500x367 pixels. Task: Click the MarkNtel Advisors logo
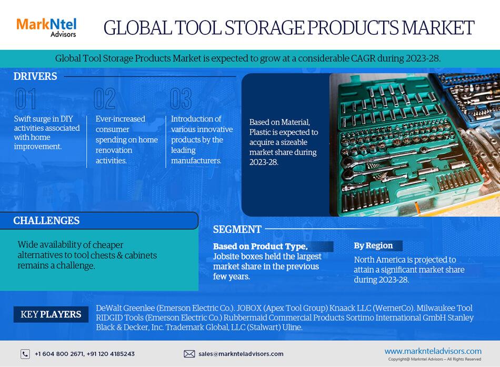(x=46, y=27)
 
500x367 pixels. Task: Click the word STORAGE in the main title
(x=265, y=28)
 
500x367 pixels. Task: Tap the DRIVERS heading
(x=35, y=76)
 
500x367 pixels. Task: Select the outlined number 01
(x=26, y=98)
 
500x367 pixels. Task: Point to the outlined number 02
(x=105, y=98)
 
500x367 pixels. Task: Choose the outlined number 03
(x=181, y=98)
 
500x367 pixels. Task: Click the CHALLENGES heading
(x=46, y=221)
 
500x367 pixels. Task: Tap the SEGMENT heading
(x=237, y=230)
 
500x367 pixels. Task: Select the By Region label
(x=373, y=245)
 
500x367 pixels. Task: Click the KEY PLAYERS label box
(x=51, y=314)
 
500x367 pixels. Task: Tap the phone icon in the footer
(x=25, y=354)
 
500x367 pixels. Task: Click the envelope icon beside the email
(x=189, y=354)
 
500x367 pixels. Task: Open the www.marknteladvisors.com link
(x=433, y=351)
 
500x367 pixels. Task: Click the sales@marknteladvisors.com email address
(x=241, y=354)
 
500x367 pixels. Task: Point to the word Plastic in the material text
(x=260, y=132)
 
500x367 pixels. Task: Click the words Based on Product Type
(x=260, y=246)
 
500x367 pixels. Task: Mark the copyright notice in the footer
(x=435, y=359)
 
